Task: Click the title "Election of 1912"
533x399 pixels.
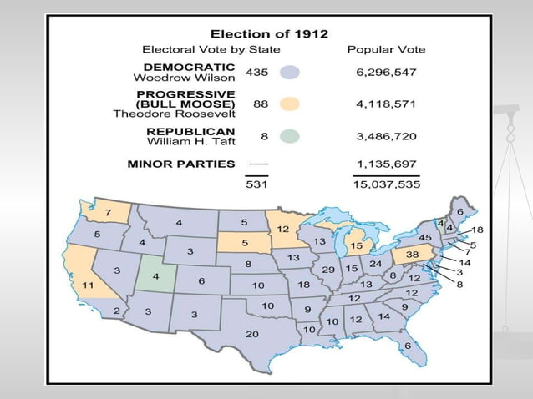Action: pos(268,34)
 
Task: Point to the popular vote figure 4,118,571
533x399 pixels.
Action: pos(386,104)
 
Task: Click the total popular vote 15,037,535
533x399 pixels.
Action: pos(386,184)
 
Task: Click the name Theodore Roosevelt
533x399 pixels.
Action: pos(175,114)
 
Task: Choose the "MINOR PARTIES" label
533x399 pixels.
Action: pos(181,164)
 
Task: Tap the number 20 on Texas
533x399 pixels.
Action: pos(251,333)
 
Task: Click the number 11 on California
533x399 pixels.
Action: pos(88,285)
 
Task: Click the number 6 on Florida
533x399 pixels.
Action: pos(407,346)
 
